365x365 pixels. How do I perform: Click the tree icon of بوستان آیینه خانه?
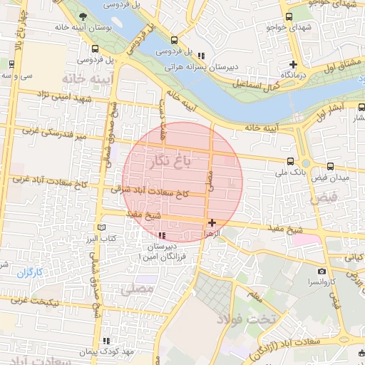[84, 16]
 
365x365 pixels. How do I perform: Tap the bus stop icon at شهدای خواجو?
[289, 16]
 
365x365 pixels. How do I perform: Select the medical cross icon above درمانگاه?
[292, 65]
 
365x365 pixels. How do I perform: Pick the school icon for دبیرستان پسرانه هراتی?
[201, 56]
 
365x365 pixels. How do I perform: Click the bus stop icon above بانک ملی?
[289, 162]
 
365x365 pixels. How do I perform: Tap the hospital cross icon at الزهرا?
[212, 222]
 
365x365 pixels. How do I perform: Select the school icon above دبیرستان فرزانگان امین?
[163, 235]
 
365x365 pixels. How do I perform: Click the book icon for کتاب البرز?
[103, 227]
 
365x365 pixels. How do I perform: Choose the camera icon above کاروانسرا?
[322, 271]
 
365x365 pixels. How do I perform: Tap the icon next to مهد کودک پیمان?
[106, 341]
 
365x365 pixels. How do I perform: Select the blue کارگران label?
[30, 273]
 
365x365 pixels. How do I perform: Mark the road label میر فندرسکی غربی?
[53, 133]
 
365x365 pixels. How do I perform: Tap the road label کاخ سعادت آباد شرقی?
[150, 191]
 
